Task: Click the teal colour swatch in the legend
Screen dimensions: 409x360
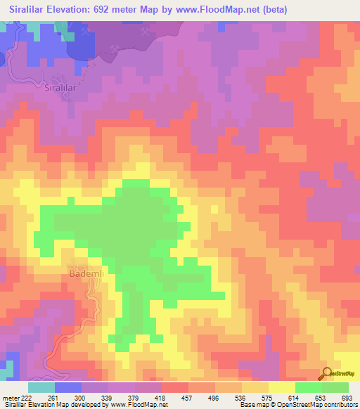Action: pyautogui.click(x=41, y=388)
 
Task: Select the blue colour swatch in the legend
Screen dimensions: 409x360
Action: pyautogui.click(x=68, y=388)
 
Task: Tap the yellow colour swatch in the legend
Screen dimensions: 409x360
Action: pyautogui.click(x=282, y=388)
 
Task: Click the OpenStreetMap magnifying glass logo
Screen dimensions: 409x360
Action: pyautogui.click(x=328, y=373)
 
